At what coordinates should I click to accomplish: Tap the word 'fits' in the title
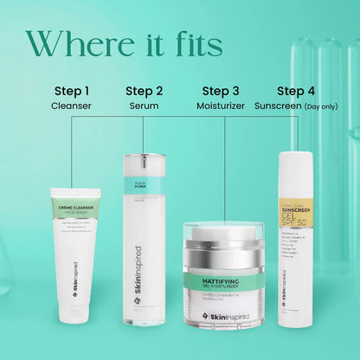194,42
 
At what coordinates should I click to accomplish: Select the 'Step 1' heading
70,91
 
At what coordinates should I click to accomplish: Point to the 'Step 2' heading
144,91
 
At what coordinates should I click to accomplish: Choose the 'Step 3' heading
221,91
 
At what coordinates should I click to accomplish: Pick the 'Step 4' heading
295,91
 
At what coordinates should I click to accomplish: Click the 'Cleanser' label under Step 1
70,106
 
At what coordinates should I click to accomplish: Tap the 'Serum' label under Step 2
144,106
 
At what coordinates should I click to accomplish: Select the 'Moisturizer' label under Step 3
221,106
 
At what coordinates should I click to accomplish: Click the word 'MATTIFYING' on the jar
224,281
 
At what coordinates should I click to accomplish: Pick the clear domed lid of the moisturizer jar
224,235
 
